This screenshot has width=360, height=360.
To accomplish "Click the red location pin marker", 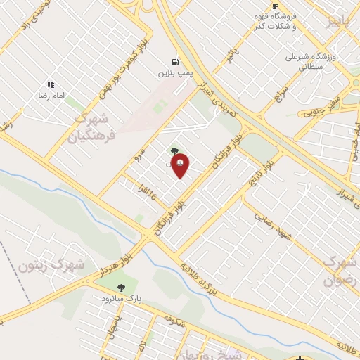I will (x=180, y=165).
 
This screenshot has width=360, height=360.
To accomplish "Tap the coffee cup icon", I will (x=275, y=6).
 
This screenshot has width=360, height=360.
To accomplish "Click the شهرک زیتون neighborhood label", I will (x=62, y=266).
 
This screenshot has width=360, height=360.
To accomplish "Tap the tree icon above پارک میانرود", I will (x=122, y=287).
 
